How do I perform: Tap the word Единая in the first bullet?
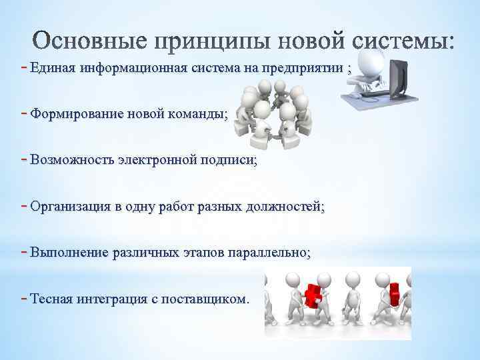53,69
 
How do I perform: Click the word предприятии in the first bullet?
303,69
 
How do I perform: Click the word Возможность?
71,160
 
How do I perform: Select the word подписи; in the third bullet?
231,160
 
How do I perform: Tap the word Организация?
70,207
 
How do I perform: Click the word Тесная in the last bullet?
51,299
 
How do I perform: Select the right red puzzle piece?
395,293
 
